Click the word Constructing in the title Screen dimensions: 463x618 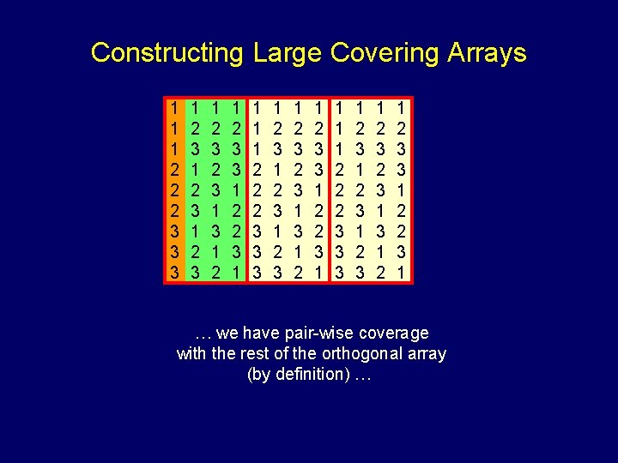(167, 53)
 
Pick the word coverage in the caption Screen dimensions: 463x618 (394, 333)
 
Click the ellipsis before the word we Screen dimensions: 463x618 (203, 333)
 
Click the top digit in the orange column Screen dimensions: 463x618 (174, 109)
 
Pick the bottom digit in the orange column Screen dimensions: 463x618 (174, 272)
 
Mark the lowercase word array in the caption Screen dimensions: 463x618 (425, 353)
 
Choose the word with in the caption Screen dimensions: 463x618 (193, 353)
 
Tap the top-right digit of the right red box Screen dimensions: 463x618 (402, 109)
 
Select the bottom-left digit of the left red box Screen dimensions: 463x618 (257, 272)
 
